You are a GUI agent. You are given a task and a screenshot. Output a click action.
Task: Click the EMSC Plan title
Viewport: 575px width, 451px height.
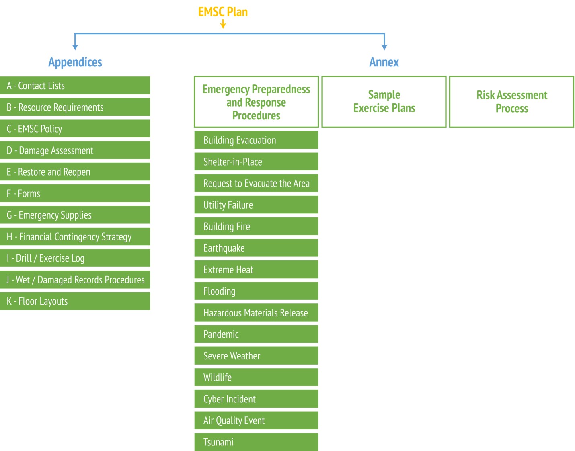coord(223,12)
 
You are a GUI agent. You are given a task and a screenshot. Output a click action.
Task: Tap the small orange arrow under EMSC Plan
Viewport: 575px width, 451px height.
coord(223,24)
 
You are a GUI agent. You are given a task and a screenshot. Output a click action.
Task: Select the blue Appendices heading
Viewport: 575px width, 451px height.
coord(75,62)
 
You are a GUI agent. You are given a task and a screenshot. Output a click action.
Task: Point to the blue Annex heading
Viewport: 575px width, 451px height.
coord(384,62)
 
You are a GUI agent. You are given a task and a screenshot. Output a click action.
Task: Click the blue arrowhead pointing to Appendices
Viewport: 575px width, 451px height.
coord(75,47)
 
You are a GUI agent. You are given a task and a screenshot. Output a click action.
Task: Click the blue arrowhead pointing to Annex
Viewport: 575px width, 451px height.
coord(384,47)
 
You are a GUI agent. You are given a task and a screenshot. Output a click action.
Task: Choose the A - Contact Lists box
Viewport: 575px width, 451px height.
coord(75,86)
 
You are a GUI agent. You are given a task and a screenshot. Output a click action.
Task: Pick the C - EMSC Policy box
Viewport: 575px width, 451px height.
coord(75,129)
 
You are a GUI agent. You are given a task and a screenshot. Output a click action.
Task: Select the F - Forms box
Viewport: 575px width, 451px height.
coord(75,193)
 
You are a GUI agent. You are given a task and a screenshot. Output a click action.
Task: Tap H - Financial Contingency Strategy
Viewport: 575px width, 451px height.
coord(75,236)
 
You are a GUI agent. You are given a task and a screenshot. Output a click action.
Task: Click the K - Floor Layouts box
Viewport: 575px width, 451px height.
coord(75,301)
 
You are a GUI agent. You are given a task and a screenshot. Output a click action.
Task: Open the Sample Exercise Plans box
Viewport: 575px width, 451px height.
coord(384,102)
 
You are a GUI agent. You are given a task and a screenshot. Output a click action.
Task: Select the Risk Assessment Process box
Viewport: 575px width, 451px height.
coord(512,102)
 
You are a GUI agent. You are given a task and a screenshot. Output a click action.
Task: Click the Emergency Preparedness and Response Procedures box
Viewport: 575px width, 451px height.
coord(256,102)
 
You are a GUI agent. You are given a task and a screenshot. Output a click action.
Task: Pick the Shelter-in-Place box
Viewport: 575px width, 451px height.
coord(256,162)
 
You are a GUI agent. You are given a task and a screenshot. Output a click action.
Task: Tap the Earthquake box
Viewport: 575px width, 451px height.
coord(256,248)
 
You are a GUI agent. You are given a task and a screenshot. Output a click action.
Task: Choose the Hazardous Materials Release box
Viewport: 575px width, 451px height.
coord(256,313)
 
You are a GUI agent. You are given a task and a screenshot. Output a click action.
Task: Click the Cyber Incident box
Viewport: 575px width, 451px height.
coord(256,399)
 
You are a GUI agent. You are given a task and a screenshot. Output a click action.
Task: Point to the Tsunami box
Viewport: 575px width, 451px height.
coord(256,442)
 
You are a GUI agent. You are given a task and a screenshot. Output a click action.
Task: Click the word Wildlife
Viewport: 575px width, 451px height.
coord(218,377)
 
